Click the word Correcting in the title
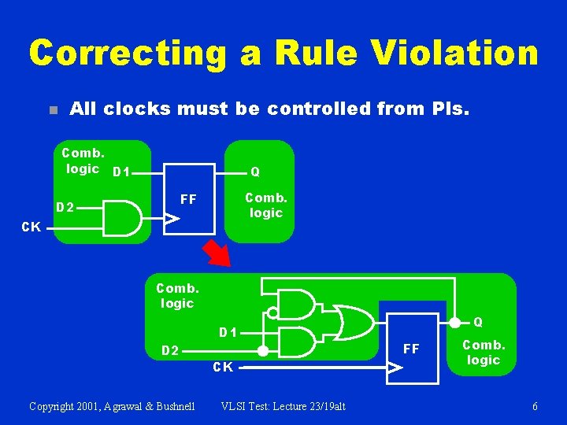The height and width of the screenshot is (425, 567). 126,54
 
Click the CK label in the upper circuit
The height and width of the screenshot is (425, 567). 31,227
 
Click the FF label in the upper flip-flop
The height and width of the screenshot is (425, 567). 188,199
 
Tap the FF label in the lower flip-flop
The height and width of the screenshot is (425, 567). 411,348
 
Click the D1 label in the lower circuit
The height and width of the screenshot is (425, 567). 229,332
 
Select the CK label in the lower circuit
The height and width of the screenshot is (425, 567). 223,367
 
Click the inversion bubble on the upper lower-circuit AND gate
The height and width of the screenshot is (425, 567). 272,312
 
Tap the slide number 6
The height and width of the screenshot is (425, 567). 535,406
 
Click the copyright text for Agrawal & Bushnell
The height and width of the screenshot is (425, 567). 112,406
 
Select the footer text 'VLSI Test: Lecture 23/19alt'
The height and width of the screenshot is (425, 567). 283,406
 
